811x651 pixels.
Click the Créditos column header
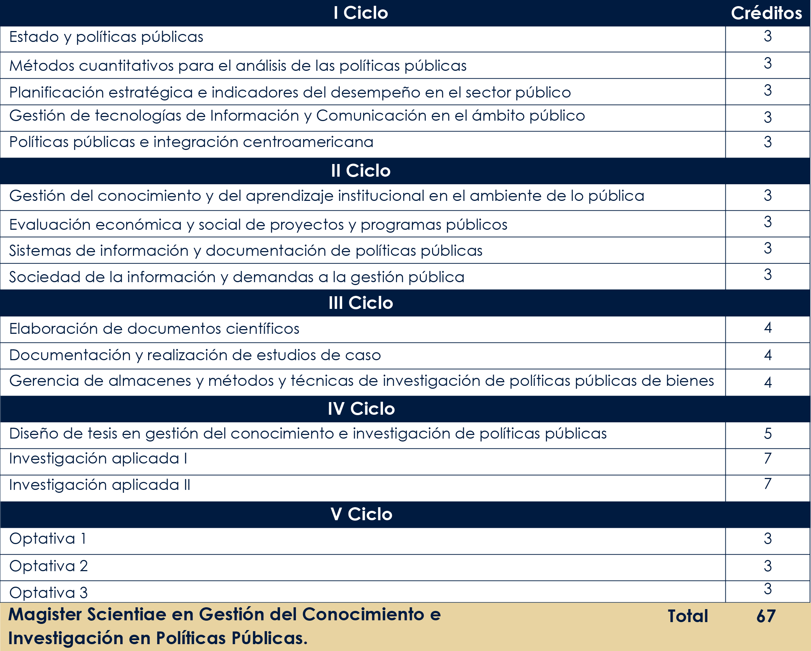[x=766, y=13]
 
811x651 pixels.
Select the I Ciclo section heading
[x=361, y=13]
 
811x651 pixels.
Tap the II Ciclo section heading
[x=361, y=171]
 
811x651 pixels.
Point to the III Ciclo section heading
[x=361, y=303]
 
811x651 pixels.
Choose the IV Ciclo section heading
[x=361, y=409]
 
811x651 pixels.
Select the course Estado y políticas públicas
[x=106, y=37]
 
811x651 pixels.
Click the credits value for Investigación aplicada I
[x=768, y=458]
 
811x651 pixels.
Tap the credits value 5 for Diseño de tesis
[x=768, y=434]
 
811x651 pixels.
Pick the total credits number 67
[x=766, y=616]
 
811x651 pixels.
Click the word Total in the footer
[x=687, y=616]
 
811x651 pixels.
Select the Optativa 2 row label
[x=48, y=566]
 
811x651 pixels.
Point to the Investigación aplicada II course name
[x=100, y=485]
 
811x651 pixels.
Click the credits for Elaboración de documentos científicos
[x=768, y=328]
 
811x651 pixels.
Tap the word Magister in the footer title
[x=45, y=615]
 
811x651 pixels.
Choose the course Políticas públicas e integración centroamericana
[x=191, y=142]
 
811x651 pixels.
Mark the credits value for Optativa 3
[x=768, y=589]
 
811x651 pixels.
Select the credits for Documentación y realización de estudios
[x=768, y=355]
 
